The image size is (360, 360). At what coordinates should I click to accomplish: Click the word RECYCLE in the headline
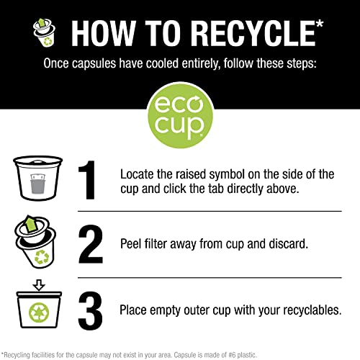click(x=253, y=33)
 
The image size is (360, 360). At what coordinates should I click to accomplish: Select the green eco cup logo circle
click(x=180, y=116)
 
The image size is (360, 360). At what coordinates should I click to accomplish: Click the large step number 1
click(x=87, y=180)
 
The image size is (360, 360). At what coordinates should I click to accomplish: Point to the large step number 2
click(x=91, y=244)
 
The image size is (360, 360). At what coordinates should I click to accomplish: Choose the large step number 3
click(x=90, y=311)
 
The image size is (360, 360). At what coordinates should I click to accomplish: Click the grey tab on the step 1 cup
click(x=37, y=184)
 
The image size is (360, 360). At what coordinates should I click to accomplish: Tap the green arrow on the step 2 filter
click(x=31, y=223)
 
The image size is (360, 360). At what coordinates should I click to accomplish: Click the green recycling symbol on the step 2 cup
click(x=42, y=256)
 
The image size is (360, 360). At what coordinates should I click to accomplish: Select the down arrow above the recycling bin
click(x=39, y=285)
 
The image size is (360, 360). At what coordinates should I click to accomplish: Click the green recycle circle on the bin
click(x=39, y=312)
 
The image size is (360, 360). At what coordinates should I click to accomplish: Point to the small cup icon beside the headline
click(x=44, y=32)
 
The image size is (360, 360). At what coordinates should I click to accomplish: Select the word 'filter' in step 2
click(x=156, y=244)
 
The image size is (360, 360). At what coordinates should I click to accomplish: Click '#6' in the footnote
click(x=232, y=355)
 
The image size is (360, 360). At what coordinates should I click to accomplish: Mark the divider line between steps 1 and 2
click(x=210, y=212)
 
